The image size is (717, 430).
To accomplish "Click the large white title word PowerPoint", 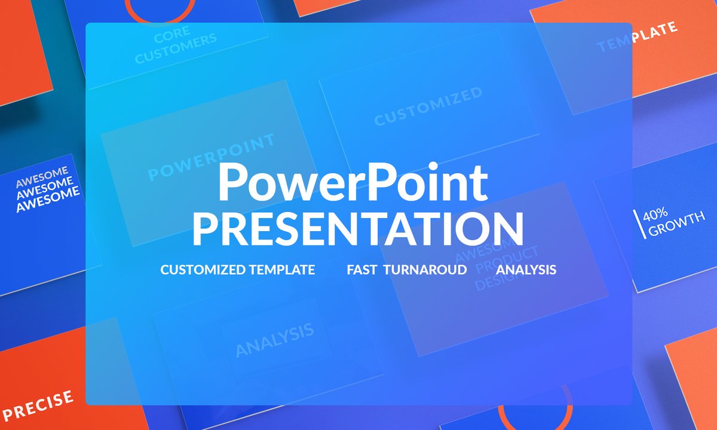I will tap(353, 182).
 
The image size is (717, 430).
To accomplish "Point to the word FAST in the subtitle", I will tap(361, 270).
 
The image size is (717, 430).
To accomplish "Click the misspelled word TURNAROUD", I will tap(425, 270).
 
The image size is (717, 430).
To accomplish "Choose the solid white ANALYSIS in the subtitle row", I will tap(526, 270).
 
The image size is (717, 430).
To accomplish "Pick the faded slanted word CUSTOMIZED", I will tap(428, 106).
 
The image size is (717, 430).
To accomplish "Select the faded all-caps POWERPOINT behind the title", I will tap(212, 157).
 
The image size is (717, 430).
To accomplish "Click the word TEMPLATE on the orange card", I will tap(638, 37).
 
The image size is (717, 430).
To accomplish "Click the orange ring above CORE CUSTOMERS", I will tap(160, 11).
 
